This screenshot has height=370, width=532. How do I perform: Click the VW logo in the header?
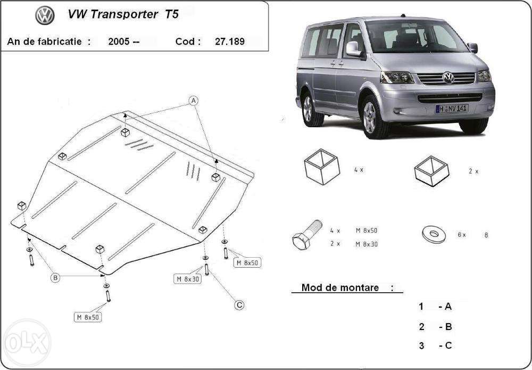[x=45, y=15]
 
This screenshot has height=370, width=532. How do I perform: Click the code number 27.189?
[x=230, y=42]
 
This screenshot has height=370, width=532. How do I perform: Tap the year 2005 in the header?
[x=119, y=42]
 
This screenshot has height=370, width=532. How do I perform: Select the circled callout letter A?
[x=194, y=101]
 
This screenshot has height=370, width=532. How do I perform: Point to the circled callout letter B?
[x=55, y=278]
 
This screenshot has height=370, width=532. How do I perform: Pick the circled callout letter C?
[x=239, y=305]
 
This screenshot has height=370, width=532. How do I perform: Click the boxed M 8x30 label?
[x=188, y=279]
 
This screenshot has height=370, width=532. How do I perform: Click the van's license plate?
[x=452, y=109]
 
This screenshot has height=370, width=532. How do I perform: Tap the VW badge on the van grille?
[x=448, y=78]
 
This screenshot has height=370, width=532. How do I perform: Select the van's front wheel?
[x=373, y=118]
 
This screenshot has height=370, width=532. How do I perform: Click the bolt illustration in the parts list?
[x=307, y=235]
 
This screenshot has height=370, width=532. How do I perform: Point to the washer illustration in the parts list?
[x=434, y=235]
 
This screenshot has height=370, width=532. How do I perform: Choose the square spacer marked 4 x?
[x=322, y=167]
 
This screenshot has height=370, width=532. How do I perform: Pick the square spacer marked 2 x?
[x=431, y=171]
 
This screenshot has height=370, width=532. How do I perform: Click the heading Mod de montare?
[x=340, y=288]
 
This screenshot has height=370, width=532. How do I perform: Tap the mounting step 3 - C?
[x=435, y=346]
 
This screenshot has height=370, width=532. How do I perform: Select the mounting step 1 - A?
[x=435, y=307]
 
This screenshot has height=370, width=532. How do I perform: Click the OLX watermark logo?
[x=27, y=343]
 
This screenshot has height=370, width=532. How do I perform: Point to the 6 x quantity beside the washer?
[x=462, y=235]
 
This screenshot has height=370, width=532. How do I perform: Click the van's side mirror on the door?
[x=353, y=48]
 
